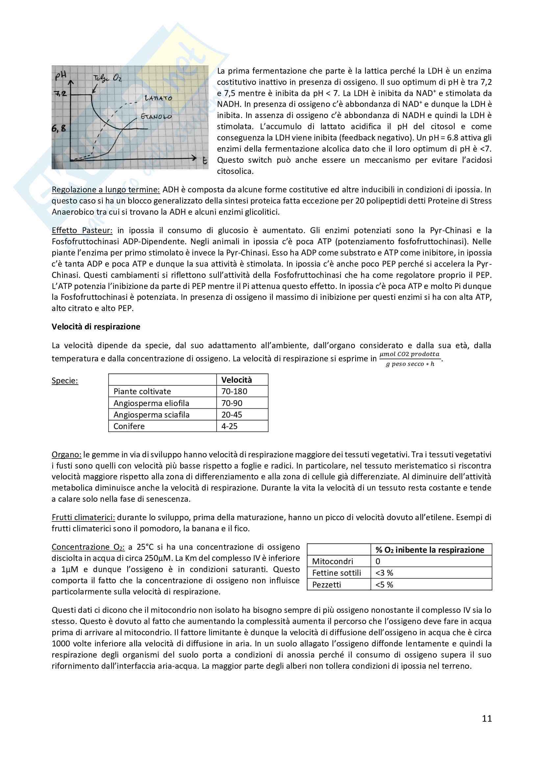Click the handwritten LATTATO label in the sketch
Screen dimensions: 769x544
158,98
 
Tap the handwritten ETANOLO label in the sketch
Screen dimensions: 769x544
156,117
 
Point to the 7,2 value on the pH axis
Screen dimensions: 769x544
60,94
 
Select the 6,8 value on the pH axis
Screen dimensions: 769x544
59,128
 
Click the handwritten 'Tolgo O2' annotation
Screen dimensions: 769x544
107,78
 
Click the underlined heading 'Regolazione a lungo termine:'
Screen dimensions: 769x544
106,190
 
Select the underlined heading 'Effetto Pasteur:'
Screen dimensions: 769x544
82,230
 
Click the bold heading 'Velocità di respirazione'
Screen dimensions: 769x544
96,327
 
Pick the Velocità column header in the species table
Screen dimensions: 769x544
236,380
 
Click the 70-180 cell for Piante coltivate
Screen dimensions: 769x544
234,391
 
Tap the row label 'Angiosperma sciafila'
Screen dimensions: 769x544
151,415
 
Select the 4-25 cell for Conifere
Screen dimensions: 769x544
230,426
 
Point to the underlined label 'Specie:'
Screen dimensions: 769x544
65,380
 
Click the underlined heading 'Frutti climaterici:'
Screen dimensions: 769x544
84,517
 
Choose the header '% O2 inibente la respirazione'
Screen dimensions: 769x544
430,550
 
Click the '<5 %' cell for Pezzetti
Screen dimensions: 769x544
384,585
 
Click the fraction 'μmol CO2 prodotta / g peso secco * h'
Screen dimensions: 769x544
410,359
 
